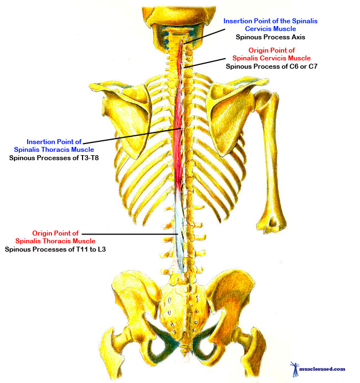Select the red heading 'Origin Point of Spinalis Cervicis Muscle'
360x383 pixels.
(271, 54)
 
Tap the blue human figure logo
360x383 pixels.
(294, 367)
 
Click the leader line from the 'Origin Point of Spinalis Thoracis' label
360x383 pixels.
(127, 234)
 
